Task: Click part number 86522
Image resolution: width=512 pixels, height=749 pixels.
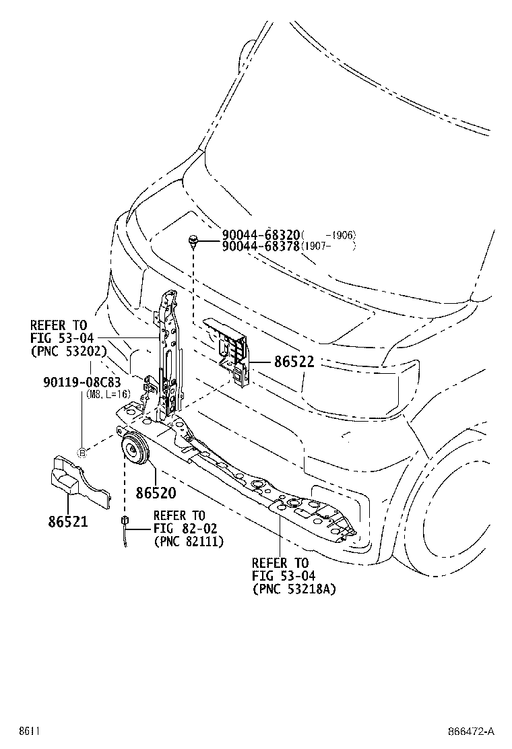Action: pyautogui.click(x=294, y=362)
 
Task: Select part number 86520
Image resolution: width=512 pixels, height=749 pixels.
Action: pyautogui.click(x=156, y=493)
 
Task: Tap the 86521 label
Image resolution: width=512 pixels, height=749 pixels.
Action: pyautogui.click(x=68, y=521)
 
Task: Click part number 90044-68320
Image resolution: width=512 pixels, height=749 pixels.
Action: pyautogui.click(x=261, y=234)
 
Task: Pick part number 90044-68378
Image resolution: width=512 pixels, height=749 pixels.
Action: pyautogui.click(x=261, y=246)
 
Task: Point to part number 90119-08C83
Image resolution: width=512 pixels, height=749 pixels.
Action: pyautogui.click(x=82, y=383)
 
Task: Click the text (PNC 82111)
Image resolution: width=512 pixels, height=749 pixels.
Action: pyautogui.click(x=189, y=541)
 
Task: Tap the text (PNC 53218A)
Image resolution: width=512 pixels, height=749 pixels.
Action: pyautogui.click(x=294, y=589)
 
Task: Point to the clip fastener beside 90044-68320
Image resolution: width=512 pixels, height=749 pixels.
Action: pyautogui.click(x=194, y=240)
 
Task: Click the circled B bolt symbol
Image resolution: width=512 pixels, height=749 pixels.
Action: pyautogui.click(x=82, y=452)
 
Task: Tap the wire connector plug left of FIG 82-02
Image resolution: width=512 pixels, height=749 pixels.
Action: pyautogui.click(x=125, y=521)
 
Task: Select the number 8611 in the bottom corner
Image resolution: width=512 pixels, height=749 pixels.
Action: pyautogui.click(x=28, y=731)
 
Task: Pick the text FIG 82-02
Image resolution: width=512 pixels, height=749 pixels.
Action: pyautogui.click(x=180, y=528)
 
